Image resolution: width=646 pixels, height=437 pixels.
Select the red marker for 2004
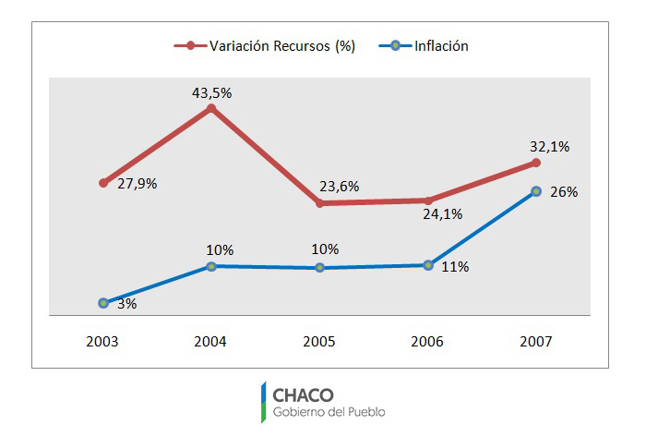tap(211, 108)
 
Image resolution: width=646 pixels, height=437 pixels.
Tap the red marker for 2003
tap(103, 183)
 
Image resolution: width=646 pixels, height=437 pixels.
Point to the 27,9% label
tap(138, 184)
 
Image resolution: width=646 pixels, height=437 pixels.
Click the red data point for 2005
tap(319, 202)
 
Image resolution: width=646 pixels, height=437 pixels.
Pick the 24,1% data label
tap(443, 213)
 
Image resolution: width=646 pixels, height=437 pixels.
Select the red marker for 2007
tap(536, 164)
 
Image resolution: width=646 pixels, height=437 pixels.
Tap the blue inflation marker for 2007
tap(536, 191)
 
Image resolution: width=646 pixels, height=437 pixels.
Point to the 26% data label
tap(564, 192)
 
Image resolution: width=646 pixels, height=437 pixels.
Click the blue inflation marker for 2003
tap(103, 303)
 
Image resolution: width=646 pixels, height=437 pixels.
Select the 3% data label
tap(126, 303)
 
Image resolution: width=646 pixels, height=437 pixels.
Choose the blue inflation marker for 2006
tap(428, 265)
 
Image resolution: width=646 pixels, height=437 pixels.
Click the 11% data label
tap(455, 267)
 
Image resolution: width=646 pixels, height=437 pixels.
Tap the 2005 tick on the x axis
tap(319, 341)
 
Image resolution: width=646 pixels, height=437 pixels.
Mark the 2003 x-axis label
tap(102, 341)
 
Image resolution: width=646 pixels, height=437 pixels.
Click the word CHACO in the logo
tap(303, 394)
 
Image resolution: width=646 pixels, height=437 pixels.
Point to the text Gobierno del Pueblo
tap(329, 412)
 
